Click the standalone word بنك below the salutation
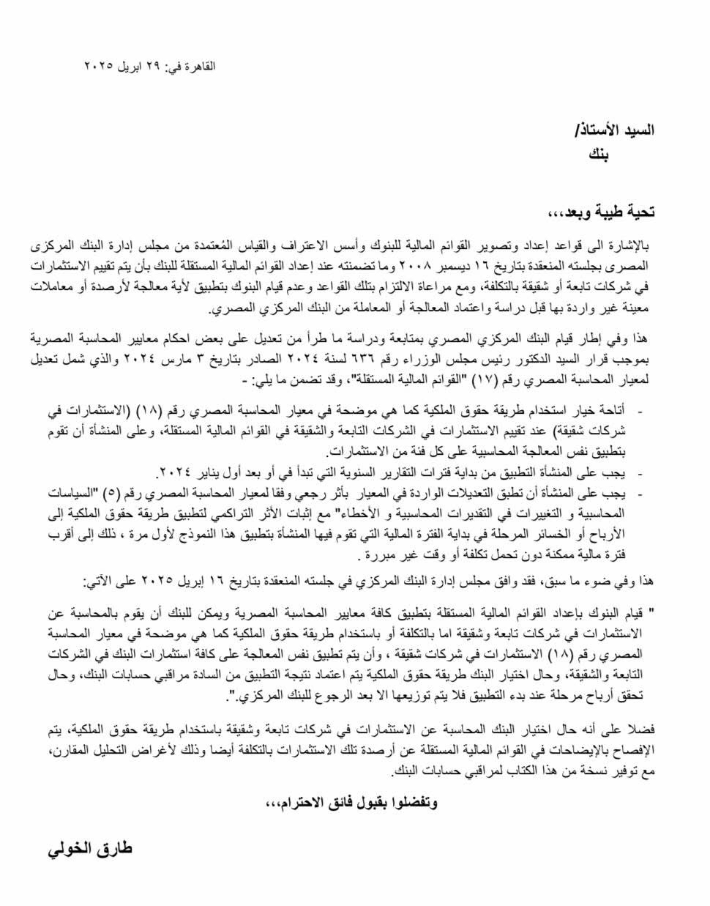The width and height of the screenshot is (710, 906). point(602,155)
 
